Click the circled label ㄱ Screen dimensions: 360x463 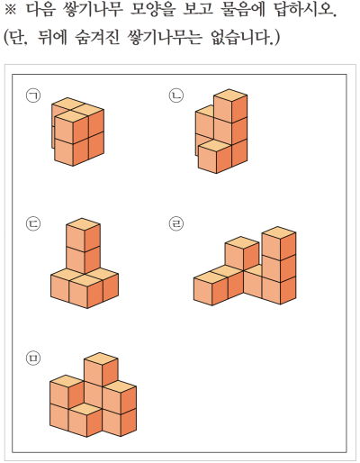tap(33, 95)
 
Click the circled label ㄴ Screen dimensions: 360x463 tap(176, 95)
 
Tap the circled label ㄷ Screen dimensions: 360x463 tap(33, 224)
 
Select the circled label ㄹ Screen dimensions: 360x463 tap(176, 224)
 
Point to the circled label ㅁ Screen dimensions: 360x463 tap(33, 359)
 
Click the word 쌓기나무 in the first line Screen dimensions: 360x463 tap(94, 10)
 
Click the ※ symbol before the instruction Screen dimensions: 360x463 tap(10, 10)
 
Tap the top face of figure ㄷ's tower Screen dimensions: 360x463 tap(83, 224)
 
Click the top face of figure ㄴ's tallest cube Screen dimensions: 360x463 tap(230, 95)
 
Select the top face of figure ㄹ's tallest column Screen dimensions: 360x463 tap(279, 232)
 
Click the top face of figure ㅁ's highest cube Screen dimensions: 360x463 tap(101, 359)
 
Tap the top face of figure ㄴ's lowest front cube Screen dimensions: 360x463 tap(215, 146)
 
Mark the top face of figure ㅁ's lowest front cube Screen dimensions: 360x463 tap(85, 409)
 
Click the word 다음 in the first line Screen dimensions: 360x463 tap(40, 10)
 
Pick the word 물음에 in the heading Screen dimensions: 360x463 tap(242, 10)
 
